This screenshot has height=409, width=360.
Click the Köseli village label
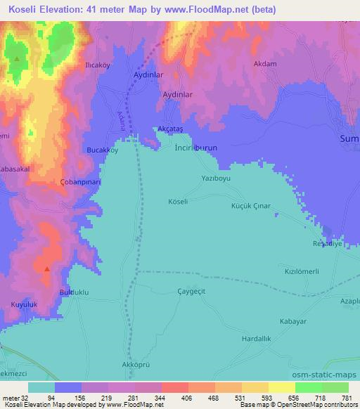(177, 202)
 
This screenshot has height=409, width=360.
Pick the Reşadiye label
(327, 244)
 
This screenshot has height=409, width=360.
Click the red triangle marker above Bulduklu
(47, 268)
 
